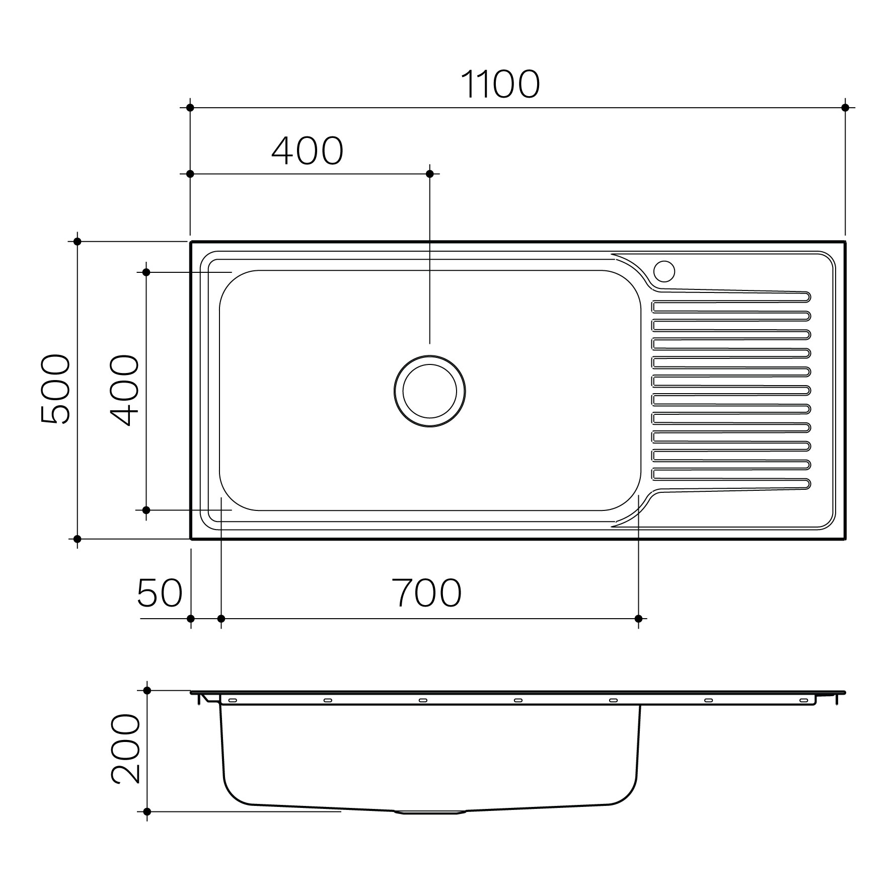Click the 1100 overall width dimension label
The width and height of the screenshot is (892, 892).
point(500,85)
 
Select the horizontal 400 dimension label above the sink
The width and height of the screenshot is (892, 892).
point(308,151)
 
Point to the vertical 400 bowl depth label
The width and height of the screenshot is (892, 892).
point(124,391)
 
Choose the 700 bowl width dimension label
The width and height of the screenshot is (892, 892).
point(426,593)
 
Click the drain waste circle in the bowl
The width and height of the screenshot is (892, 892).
point(429,391)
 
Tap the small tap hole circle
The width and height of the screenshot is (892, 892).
point(664,271)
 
